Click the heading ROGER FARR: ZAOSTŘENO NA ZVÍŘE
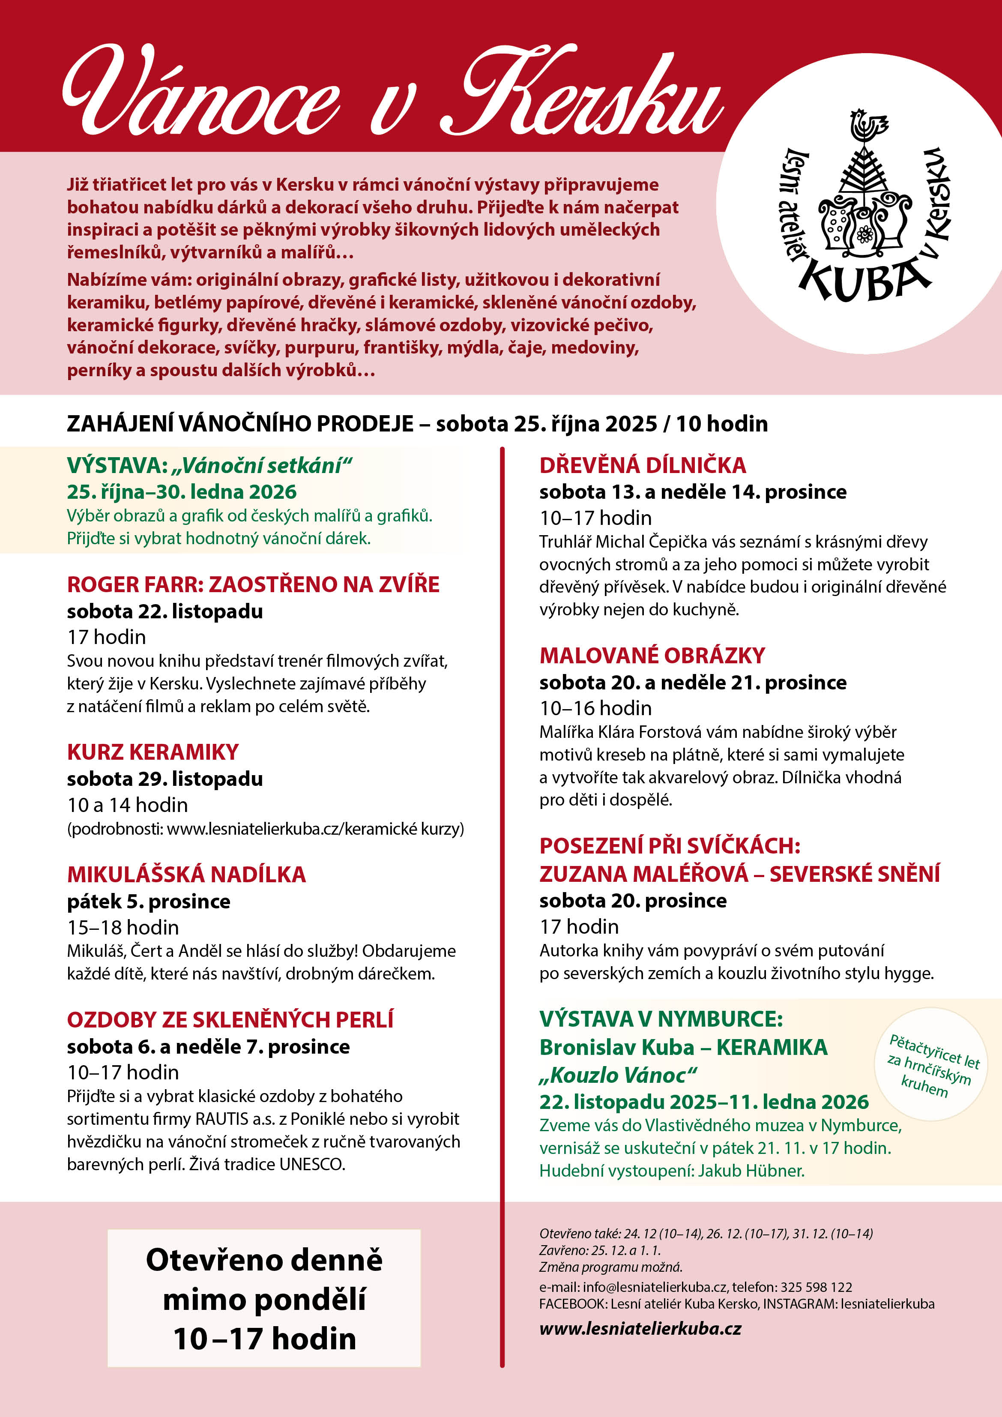click(253, 584)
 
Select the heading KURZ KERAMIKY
click(153, 752)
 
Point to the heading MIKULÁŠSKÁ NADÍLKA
click(186, 874)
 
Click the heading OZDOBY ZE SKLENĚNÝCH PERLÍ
click(230, 1019)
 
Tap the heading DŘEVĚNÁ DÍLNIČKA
click(642, 465)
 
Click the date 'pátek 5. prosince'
click(149, 901)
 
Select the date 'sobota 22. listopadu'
click(165, 611)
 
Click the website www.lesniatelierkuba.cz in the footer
click(640, 1328)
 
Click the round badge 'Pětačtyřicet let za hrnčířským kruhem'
click(931, 1065)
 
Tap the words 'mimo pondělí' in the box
click(264, 1299)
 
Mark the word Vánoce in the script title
click(200, 93)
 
